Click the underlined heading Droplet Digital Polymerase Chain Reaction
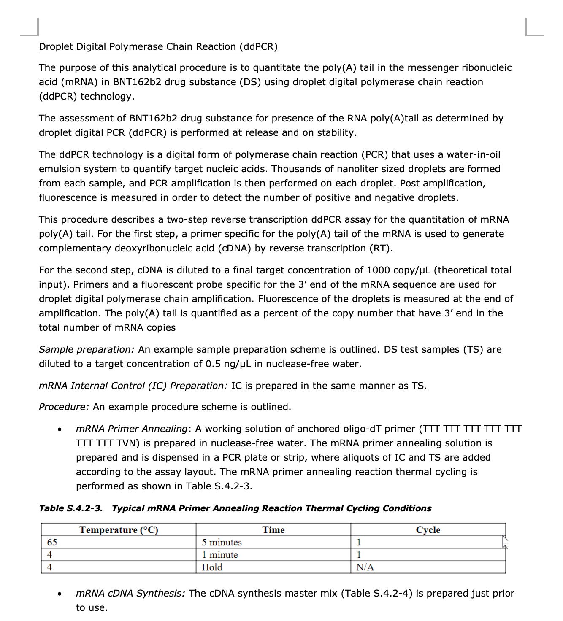click(x=158, y=46)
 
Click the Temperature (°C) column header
click(x=119, y=530)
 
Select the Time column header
click(x=273, y=530)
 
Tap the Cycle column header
click(x=428, y=530)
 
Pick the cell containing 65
click(x=52, y=542)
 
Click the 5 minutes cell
click(x=222, y=542)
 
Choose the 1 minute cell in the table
click(x=219, y=555)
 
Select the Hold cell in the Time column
click(x=212, y=567)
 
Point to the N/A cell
click(x=365, y=567)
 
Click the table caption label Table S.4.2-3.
click(x=70, y=508)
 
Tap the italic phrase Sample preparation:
click(x=87, y=349)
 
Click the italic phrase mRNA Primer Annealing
click(x=131, y=429)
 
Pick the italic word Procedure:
click(x=64, y=407)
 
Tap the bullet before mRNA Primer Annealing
click(x=60, y=429)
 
